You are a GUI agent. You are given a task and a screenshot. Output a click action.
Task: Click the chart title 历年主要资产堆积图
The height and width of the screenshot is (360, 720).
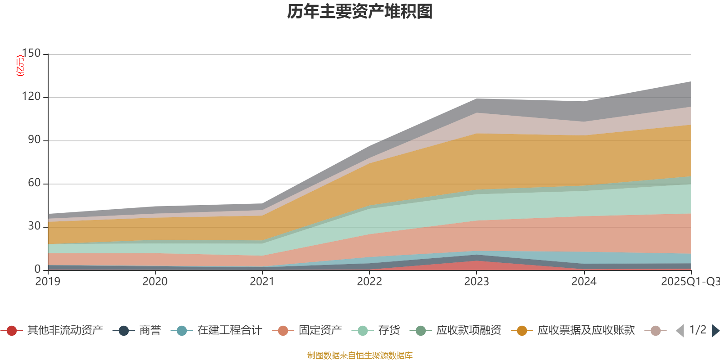pos(360,12)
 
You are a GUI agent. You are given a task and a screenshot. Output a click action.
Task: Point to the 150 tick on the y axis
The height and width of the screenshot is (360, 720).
pos(31,53)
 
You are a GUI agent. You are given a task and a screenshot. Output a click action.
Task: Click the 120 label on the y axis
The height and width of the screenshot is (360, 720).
pos(31,96)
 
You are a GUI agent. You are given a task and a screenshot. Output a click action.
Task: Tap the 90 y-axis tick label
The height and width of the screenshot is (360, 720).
pos(34,139)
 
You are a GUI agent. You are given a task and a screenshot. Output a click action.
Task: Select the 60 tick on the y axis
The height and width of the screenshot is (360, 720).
pos(34,183)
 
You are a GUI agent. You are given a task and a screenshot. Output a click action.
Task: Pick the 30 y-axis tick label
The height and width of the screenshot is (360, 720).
pos(34,226)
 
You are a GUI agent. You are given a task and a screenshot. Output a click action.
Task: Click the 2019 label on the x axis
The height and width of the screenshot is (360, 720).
pos(48,282)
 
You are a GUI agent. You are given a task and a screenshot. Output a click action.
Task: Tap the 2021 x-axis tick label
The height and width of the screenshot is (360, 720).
pos(262,282)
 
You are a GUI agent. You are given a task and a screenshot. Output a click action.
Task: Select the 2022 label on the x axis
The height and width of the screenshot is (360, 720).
pos(369,282)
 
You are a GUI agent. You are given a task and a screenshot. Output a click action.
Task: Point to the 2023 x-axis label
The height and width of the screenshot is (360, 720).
pos(477,282)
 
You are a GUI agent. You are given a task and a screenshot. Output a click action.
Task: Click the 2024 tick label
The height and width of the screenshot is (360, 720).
pos(584,282)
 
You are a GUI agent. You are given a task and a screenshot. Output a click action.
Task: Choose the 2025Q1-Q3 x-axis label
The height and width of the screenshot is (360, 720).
pos(690,282)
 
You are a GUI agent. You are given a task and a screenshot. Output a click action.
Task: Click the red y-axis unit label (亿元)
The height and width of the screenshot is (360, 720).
pos(20,66)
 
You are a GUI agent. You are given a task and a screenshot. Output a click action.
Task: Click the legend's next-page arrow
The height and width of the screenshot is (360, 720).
pos(715,331)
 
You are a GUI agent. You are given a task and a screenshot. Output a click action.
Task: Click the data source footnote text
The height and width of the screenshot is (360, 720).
pos(360,355)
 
